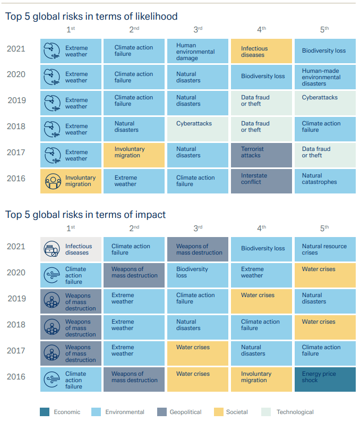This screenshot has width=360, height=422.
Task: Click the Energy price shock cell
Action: tap(324, 379)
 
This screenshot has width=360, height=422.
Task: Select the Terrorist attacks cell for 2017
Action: tap(261, 155)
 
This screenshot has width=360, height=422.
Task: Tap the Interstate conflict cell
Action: tap(261, 181)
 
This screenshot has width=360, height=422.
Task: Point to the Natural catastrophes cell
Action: tap(324, 181)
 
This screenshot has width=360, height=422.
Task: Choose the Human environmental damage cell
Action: tap(198, 52)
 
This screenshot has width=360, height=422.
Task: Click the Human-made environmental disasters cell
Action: tap(324, 77)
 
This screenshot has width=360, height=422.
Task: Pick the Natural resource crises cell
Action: tap(324, 249)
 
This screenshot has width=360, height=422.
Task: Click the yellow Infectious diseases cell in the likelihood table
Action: tap(261, 52)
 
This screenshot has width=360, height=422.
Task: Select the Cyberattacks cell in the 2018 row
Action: tap(198, 129)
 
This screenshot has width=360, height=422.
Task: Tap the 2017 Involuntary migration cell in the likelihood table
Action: tap(134, 155)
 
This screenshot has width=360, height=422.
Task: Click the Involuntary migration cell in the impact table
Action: tap(261, 379)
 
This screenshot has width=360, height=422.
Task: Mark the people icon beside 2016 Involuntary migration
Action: tap(52, 181)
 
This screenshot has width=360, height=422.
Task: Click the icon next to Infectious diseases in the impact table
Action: tap(52, 249)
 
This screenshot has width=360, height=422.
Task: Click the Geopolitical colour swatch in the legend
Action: tap(162, 411)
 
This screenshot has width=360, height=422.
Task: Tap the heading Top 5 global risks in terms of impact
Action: tap(85, 215)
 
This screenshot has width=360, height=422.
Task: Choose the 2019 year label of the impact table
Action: tap(17, 298)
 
